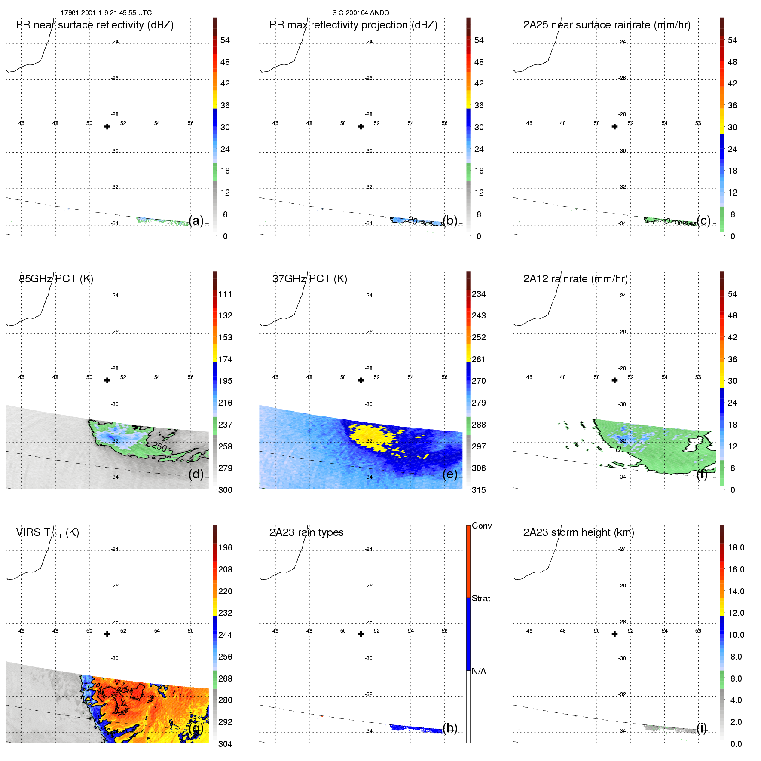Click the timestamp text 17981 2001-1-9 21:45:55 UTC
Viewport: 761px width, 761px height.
(x=106, y=13)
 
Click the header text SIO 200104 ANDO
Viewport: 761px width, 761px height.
(x=361, y=13)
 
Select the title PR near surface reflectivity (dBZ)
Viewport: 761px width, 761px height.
(x=95, y=25)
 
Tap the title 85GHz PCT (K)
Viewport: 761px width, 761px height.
(x=56, y=279)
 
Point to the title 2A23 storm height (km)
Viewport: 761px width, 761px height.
(x=578, y=532)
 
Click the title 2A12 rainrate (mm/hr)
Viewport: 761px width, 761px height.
(x=575, y=279)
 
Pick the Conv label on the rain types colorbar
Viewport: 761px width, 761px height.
(x=482, y=526)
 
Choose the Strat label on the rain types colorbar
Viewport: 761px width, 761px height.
(x=481, y=598)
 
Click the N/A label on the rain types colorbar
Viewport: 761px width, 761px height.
(x=479, y=671)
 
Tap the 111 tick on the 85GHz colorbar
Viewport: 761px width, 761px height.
(x=225, y=294)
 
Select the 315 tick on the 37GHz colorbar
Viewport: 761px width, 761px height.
(x=479, y=490)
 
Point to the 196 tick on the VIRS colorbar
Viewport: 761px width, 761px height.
(x=225, y=547)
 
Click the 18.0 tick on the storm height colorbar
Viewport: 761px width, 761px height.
(x=736, y=547)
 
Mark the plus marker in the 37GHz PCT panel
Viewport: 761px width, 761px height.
(x=361, y=380)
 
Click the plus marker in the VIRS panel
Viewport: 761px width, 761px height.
(x=107, y=634)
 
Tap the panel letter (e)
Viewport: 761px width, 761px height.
(x=450, y=474)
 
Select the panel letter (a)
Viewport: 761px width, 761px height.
(x=196, y=220)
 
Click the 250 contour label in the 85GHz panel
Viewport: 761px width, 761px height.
(x=159, y=447)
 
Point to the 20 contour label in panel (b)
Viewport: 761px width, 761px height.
(x=413, y=221)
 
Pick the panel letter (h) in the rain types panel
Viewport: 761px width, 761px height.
(x=450, y=728)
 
